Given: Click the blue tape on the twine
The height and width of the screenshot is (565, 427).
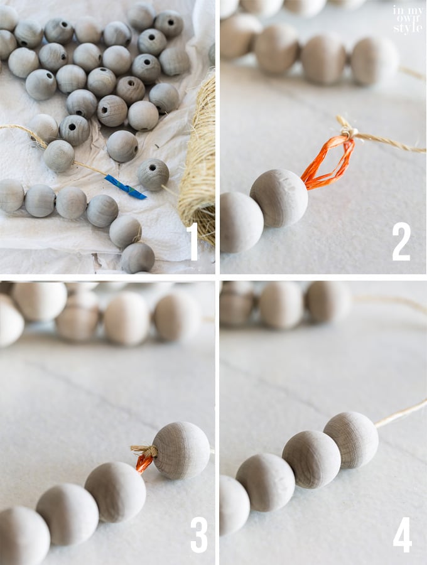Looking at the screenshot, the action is pyautogui.click(x=126, y=187).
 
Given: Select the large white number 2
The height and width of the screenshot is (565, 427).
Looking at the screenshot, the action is pyautogui.click(x=401, y=241).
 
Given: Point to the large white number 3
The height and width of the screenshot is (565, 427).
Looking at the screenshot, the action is pyautogui.click(x=199, y=535).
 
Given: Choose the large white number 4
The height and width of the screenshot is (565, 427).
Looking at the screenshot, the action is pyautogui.click(x=402, y=535).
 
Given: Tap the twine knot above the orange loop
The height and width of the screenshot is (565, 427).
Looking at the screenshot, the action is pyautogui.click(x=348, y=130).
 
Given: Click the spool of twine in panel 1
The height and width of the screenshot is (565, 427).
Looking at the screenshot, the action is pyautogui.click(x=199, y=159).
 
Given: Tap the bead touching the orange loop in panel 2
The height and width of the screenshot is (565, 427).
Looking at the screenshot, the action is pyautogui.click(x=279, y=198).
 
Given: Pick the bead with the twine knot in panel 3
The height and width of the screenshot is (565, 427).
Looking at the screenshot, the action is pyautogui.click(x=181, y=451).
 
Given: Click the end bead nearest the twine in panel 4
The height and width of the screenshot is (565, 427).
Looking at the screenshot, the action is pyautogui.click(x=351, y=440).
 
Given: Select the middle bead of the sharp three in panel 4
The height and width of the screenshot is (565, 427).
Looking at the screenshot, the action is pyautogui.click(x=311, y=460).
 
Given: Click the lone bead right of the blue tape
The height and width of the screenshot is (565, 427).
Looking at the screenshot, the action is pyautogui.click(x=153, y=175).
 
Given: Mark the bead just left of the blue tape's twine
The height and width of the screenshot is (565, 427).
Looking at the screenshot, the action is pyautogui.click(x=59, y=156).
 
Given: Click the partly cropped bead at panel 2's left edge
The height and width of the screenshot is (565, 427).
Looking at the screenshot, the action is pyautogui.click(x=241, y=222).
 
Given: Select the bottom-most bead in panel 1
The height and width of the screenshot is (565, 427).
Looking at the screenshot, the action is pyautogui.click(x=138, y=258).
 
